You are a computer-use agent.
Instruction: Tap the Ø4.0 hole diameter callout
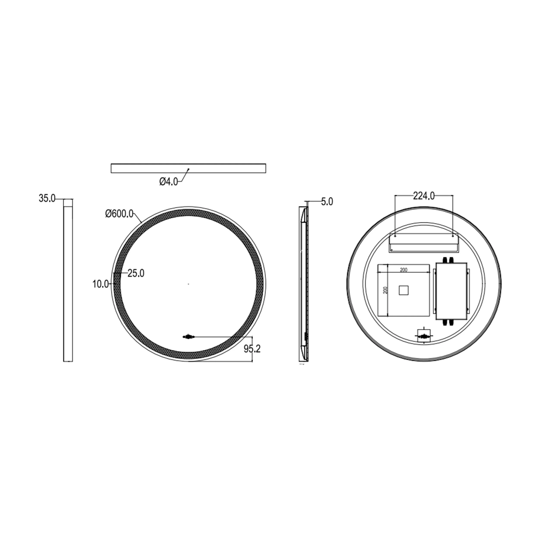coord(169,181)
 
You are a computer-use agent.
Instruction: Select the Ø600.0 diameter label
coord(119,213)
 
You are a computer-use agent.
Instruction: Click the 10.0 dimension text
coord(100,284)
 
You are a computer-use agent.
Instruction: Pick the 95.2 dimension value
coord(252,349)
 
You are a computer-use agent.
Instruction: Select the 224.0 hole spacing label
coord(424,196)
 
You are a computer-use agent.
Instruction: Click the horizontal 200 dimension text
coord(403,270)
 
